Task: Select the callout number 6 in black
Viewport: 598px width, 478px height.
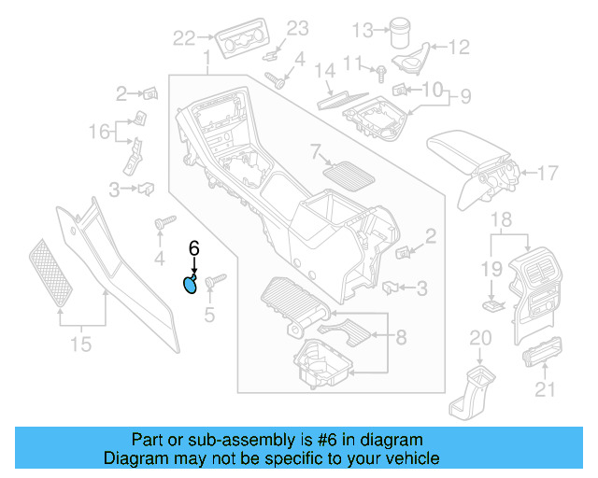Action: [x=194, y=248]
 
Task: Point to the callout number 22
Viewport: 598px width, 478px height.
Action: [x=185, y=38]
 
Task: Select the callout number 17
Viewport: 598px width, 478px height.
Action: [x=547, y=173]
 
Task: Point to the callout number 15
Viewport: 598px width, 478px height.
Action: [x=81, y=344]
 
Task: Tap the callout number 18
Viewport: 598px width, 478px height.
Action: [x=502, y=219]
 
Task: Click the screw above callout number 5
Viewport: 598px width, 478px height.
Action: [x=211, y=278]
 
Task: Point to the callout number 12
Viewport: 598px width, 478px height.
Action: [x=458, y=47]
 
